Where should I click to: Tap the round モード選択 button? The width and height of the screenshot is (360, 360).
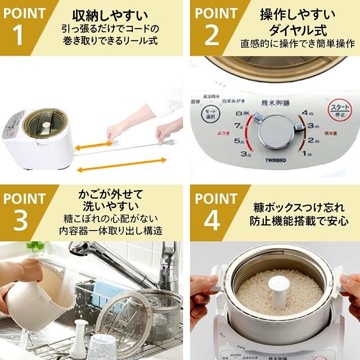coord(208,112)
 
